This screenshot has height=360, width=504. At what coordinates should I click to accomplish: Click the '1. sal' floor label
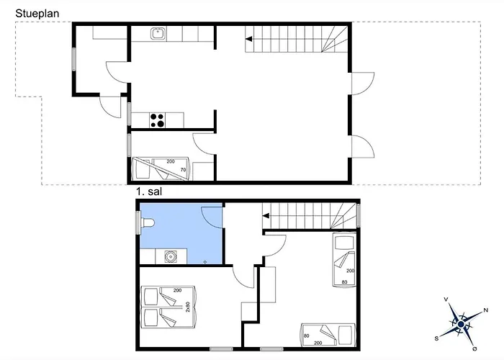(149, 193)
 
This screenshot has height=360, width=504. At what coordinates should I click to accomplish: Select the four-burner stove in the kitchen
(158, 120)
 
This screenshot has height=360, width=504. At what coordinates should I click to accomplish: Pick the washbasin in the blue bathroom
(172, 255)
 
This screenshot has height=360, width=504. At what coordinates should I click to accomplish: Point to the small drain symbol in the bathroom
(205, 261)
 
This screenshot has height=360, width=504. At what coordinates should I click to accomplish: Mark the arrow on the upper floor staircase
(266, 215)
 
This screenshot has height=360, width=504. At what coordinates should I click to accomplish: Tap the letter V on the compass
(447, 300)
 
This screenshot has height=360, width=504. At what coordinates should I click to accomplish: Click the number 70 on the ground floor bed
(182, 170)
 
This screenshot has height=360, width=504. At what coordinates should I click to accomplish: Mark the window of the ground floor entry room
(73, 58)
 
